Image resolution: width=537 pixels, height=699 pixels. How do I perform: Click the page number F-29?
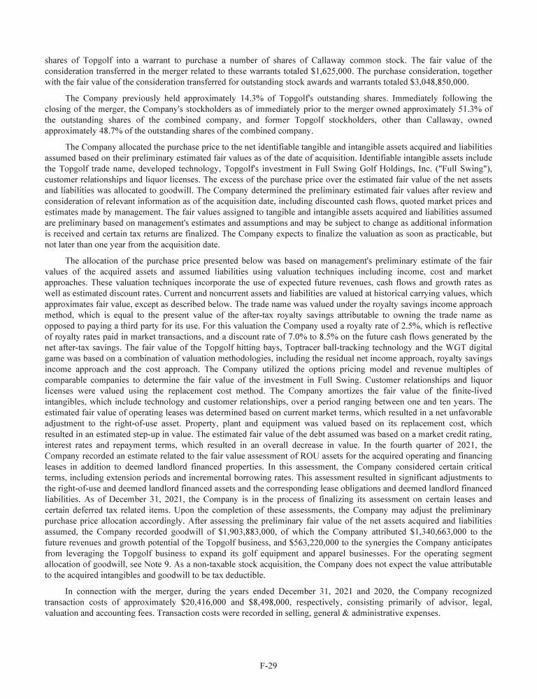(x=268, y=665)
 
